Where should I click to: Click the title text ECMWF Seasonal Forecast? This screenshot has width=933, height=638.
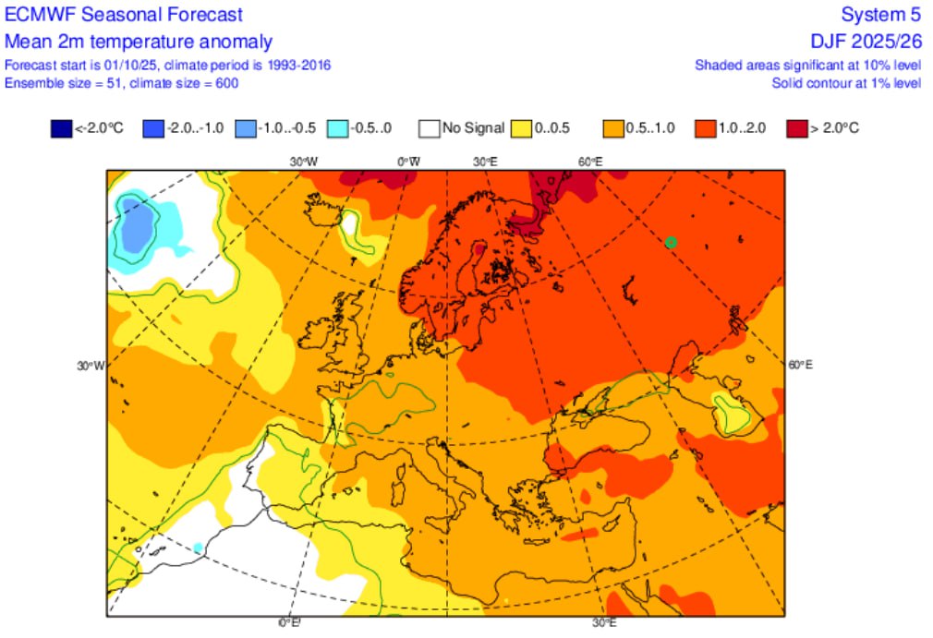(x=124, y=15)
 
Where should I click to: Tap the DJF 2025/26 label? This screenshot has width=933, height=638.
(x=865, y=42)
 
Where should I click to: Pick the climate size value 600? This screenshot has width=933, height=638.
(x=226, y=83)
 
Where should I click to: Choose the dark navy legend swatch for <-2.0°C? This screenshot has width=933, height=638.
(x=61, y=128)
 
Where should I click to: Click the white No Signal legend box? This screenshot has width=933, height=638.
(x=429, y=128)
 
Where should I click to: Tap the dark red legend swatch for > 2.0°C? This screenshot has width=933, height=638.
(x=795, y=128)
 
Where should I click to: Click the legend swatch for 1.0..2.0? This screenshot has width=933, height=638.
(x=705, y=128)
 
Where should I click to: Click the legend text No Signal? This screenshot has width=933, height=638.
(x=473, y=128)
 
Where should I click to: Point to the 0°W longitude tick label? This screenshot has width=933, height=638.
(x=408, y=162)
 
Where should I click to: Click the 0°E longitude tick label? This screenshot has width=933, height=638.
(x=290, y=623)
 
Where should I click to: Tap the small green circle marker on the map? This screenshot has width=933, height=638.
(x=671, y=242)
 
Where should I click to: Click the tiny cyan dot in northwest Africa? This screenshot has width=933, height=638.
(x=198, y=548)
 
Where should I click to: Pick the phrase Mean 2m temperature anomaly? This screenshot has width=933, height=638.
(x=139, y=42)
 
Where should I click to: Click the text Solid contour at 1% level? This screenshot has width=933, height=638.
(x=846, y=83)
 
